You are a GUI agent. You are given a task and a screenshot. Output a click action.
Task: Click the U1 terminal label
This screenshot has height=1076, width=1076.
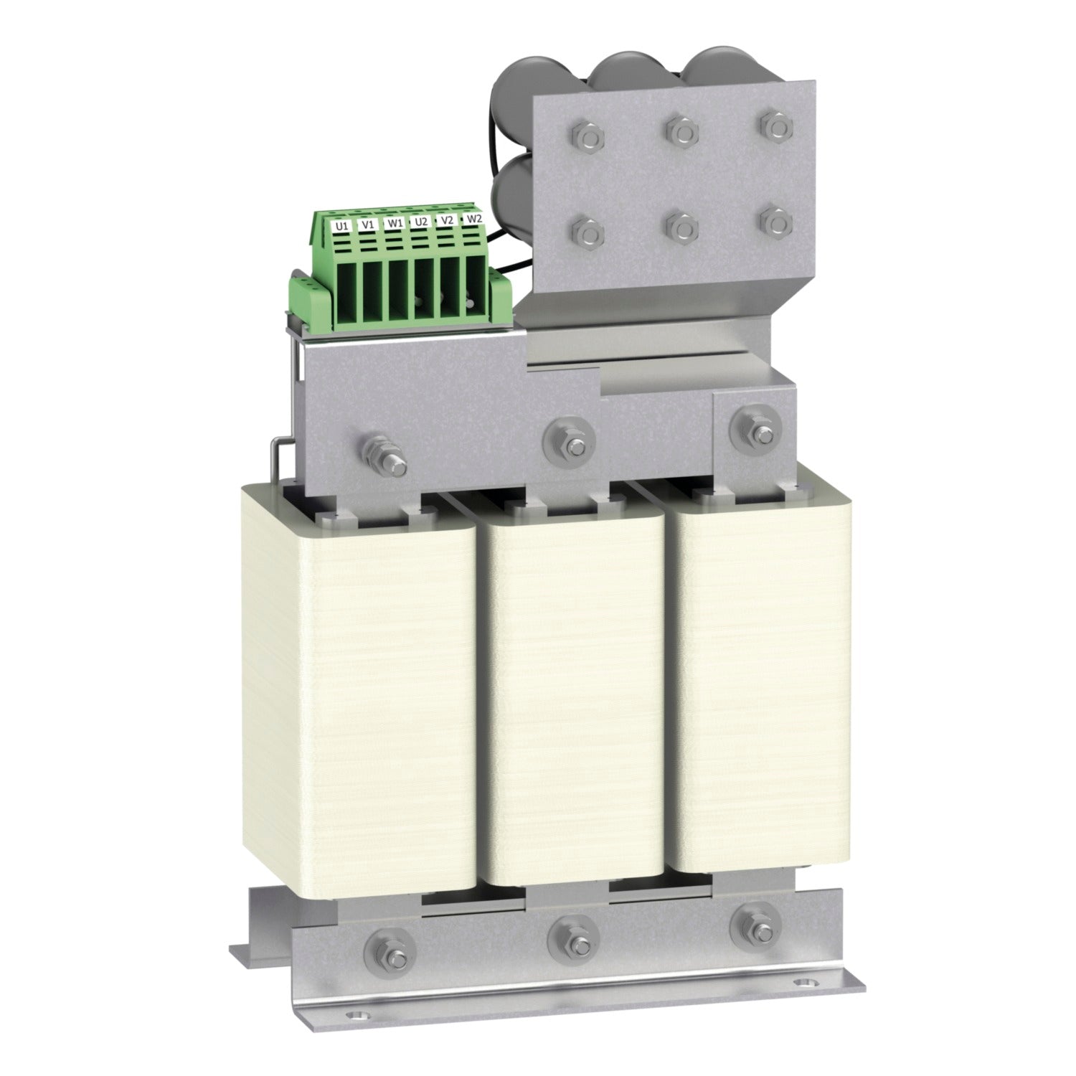coord(342,225)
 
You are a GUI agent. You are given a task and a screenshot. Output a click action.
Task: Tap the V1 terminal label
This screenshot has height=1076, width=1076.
coord(368,223)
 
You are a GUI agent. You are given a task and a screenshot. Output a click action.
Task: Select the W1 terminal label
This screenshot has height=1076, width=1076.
coord(394,222)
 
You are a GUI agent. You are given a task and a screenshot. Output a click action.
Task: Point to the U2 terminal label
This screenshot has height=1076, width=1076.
coord(421,221)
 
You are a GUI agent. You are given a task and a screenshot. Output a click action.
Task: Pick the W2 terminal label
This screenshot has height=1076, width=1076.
coord(473,218)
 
